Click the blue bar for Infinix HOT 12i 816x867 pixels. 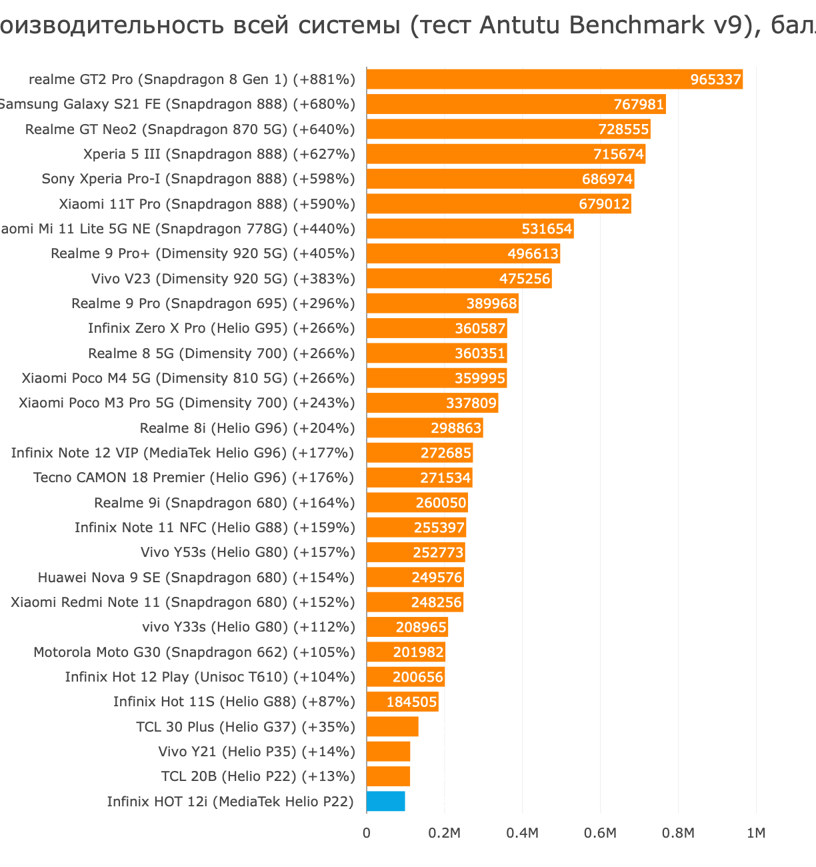pyautogui.click(x=385, y=801)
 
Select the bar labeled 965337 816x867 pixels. pyautogui.click(x=553, y=79)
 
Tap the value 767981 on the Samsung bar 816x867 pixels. pyautogui.click(x=639, y=105)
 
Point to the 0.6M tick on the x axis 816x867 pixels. pyautogui.click(x=600, y=833)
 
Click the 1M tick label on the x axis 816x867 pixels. pyautogui.click(x=756, y=833)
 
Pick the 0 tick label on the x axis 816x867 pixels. pyautogui.click(x=367, y=833)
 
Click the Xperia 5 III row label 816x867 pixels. pyautogui.click(x=219, y=154)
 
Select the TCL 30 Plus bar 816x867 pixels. pyautogui.click(x=392, y=726)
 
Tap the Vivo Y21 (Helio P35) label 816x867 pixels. pyautogui.click(x=257, y=752)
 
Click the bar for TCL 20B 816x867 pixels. pyautogui.click(x=388, y=776)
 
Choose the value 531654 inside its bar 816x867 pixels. pyautogui.click(x=547, y=229)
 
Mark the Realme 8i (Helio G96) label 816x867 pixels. pyautogui.click(x=247, y=428)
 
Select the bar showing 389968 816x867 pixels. pyautogui.click(x=442, y=303)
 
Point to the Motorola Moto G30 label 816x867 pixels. pyautogui.click(x=194, y=652)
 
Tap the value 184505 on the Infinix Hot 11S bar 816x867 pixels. pyautogui.click(x=411, y=702)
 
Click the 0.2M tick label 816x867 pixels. pyautogui.click(x=444, y=833)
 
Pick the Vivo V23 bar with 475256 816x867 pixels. pyautogui.click(x=459, y=279)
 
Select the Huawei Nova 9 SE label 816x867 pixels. pyautogui.click(x=196, y=578)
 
